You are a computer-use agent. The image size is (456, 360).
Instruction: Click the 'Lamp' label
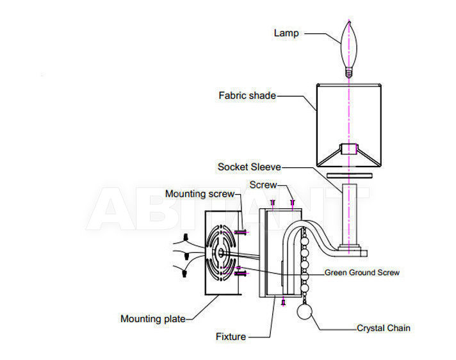[286, 33]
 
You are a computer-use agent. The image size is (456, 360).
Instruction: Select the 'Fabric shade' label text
[247, 95]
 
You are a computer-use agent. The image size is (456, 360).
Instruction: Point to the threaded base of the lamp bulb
[349, 72]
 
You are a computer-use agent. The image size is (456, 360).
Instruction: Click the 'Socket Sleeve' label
[249, 167]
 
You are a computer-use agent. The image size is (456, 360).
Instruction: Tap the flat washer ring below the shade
[349, 176]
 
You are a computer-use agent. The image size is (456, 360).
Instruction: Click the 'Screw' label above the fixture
[263, 185]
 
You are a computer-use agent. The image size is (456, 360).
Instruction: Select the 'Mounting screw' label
[200, 194]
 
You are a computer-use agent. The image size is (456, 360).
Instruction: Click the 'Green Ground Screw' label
[362, 272]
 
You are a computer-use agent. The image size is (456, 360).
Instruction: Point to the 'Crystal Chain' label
[383, 328]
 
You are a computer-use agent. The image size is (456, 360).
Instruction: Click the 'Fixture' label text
[231, 337]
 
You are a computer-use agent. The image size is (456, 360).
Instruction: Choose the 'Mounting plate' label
[153, 319]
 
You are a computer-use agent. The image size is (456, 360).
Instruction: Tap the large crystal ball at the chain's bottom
[304, 311]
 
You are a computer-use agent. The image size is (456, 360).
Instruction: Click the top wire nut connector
[186, 237]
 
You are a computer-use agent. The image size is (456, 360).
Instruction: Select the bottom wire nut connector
[184, 274]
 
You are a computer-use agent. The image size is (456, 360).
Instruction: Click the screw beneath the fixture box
[284, 302]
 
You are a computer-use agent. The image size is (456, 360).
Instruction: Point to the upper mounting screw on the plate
[240, 232]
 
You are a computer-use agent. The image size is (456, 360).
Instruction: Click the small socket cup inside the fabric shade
[349, 149]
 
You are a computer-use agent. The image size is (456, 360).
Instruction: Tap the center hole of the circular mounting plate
[221, 252]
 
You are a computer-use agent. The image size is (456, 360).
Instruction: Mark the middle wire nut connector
[186, 256]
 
